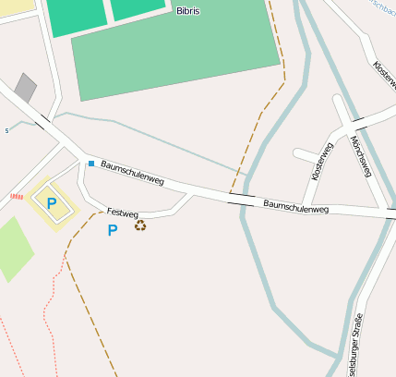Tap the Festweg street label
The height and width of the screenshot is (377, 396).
122,213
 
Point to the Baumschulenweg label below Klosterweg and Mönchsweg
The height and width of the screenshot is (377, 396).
295,206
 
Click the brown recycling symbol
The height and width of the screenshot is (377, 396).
140,225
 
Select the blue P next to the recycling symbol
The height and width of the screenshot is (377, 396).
113,230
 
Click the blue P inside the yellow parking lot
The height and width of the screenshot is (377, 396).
52,202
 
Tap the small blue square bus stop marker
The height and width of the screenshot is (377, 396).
91,164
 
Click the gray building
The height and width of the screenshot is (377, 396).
25,88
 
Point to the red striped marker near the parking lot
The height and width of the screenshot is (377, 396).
16,196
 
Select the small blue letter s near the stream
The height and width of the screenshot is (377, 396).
6,130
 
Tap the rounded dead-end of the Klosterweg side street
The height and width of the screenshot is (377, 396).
297,153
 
